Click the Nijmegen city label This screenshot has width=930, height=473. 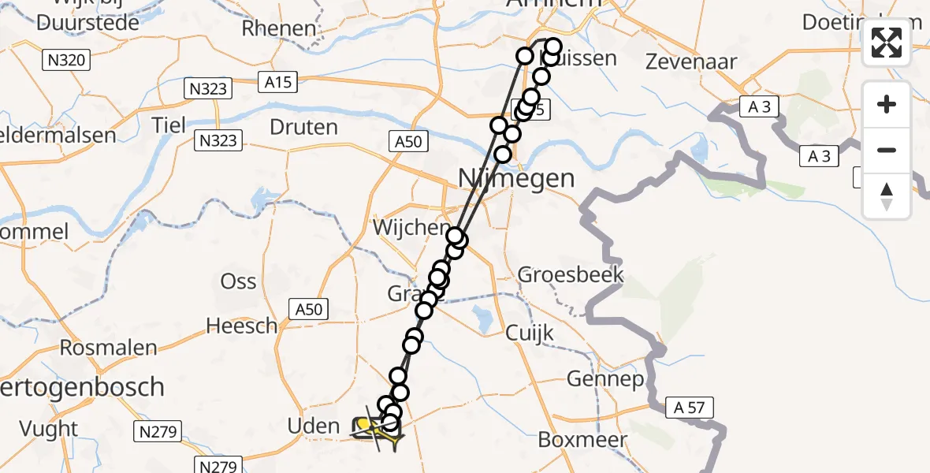click(516, 179)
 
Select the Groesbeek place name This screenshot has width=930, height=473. click(571, 275)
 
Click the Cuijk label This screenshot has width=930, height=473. click(530, 333)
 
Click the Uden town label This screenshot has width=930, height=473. click(314, 426)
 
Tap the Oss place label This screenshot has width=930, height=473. click(239, 281)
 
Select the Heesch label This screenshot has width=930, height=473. click(241, 325)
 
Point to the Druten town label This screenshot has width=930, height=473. click(303, 127)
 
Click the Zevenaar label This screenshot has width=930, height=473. click(690, 62)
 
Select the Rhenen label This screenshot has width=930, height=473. click(278, 29)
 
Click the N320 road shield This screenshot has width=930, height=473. click(69, 59)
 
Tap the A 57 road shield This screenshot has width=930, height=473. click(690, 408)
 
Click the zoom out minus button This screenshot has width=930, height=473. click(887, 150)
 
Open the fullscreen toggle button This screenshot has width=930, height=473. click(887, 43)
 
